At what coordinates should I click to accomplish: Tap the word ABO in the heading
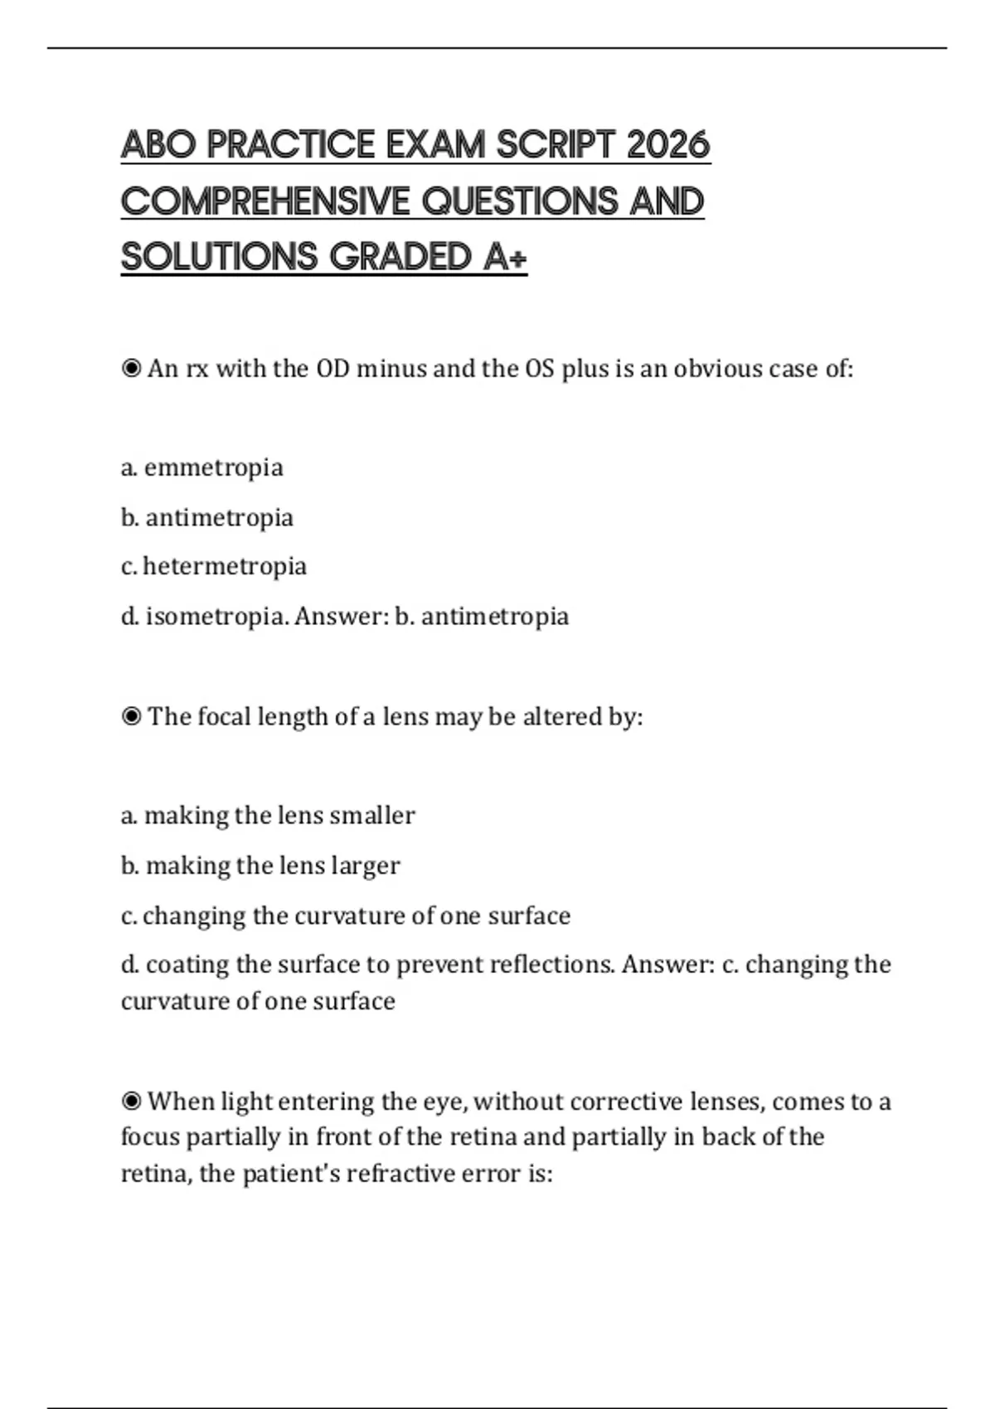(x=158, y=145)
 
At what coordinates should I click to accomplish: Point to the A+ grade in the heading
(x=504, y=257)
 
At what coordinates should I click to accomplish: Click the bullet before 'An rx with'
(x=131, y=368)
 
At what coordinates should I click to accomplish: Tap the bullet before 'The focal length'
(x=131, y=716)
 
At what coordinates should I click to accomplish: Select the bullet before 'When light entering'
(x=131, y=1102)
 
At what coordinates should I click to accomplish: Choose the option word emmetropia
(x=214, y=467)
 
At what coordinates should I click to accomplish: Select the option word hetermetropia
(x=225, y=566)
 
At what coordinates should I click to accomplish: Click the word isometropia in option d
(x=217, y=617)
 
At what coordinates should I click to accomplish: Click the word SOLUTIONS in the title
(x=220, y=257)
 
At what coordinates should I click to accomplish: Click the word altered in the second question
(x=561, y=716)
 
